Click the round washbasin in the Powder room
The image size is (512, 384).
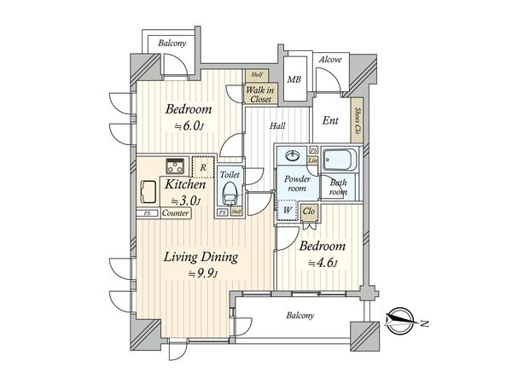(x=293, y=156)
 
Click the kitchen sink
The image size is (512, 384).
(x=147, y=190)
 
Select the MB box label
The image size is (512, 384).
(x=294, y=80)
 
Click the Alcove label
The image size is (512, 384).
(x=329, y=60)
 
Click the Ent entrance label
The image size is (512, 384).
(x=330, y=120)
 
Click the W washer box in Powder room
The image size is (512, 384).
(x=286, y=211)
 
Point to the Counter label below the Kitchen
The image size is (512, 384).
(x=174, y=213)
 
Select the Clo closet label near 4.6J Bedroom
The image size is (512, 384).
(x=308, y=211)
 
